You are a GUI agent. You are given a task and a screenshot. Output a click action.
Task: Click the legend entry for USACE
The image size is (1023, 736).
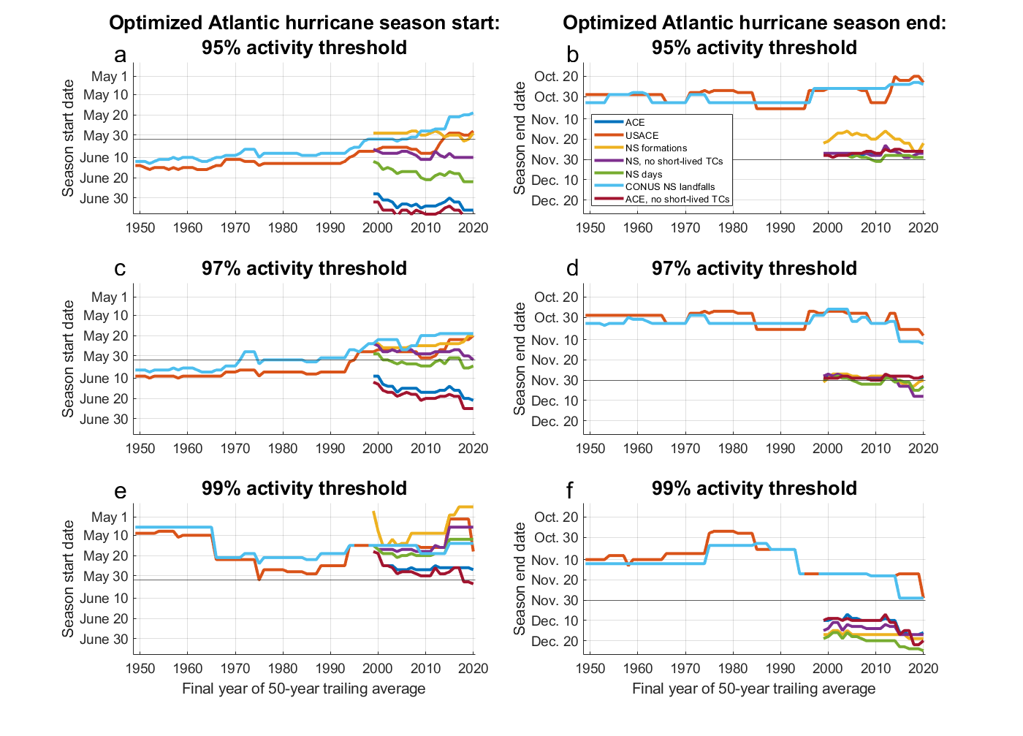(642, 135)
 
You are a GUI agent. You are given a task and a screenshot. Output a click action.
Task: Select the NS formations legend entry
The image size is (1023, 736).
(655, 148)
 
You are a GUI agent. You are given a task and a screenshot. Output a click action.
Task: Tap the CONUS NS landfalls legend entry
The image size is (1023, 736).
(669, 186)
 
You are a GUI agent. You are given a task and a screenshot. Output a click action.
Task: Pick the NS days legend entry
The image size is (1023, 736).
(643, 174)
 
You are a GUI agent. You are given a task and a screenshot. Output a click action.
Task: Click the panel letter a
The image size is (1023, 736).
(121, 55)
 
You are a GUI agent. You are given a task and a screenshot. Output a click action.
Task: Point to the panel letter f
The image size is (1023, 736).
(571, 490)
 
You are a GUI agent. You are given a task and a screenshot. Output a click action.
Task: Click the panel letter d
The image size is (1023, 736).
(572, 269)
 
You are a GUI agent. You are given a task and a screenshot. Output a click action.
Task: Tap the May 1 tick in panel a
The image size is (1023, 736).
(109, 76)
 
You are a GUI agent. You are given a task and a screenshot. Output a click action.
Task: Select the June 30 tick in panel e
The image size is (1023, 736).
(104, 640)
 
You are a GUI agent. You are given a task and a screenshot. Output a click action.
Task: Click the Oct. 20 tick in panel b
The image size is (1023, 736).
(556, 76)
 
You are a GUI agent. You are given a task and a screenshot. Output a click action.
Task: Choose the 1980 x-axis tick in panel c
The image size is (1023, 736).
(283, 448)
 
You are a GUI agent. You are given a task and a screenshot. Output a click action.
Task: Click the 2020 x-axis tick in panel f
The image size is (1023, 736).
(923, 668)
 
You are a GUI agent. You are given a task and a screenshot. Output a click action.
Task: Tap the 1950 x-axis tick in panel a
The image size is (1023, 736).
(140, 227)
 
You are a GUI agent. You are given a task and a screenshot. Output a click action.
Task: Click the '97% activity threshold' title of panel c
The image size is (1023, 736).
(304, 268)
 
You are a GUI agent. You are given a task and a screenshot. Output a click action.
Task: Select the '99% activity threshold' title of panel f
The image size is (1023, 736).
(754, 488)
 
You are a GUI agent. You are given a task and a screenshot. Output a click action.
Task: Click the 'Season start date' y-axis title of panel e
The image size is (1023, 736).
(69, 578)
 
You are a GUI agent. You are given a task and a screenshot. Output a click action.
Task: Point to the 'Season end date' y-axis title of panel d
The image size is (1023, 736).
(520, 358)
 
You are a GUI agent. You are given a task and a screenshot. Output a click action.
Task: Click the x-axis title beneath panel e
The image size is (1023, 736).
(304, 688)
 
